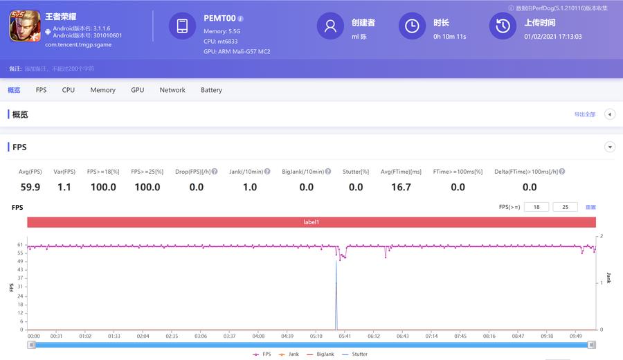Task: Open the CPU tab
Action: point(68,90)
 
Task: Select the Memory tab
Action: point(102,90)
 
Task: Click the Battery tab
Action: point(211,90)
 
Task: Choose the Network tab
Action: point(172,90)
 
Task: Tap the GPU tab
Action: point(138,90)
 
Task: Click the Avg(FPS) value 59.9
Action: point(30,187)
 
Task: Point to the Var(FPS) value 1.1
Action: point(64,187)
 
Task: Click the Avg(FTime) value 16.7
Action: point(401,187)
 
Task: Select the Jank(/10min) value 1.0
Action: point(250,187)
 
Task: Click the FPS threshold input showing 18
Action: point(536,207)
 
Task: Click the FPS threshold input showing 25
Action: point(565,207)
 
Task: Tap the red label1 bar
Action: point(311,222)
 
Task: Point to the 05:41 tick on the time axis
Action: point(345,336)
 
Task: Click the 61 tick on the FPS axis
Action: point(20,245)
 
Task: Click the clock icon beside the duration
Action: point(412,26)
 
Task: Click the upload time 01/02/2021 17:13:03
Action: point(552,37)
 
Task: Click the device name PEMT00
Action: point(220,18)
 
